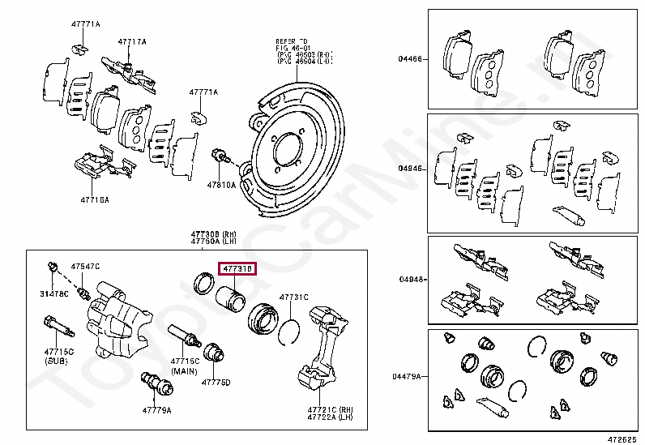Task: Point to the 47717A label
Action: click(132, 41)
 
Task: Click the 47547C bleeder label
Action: click(85, 266)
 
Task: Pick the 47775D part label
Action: click(216, 382)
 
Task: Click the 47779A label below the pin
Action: click(157, 410)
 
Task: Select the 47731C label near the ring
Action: click(294, 297)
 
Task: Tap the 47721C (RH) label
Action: click(331, 409)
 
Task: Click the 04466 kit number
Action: click(409, 58)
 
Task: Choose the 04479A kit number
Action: click(408, 376)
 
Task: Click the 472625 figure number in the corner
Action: click(622, 438)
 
